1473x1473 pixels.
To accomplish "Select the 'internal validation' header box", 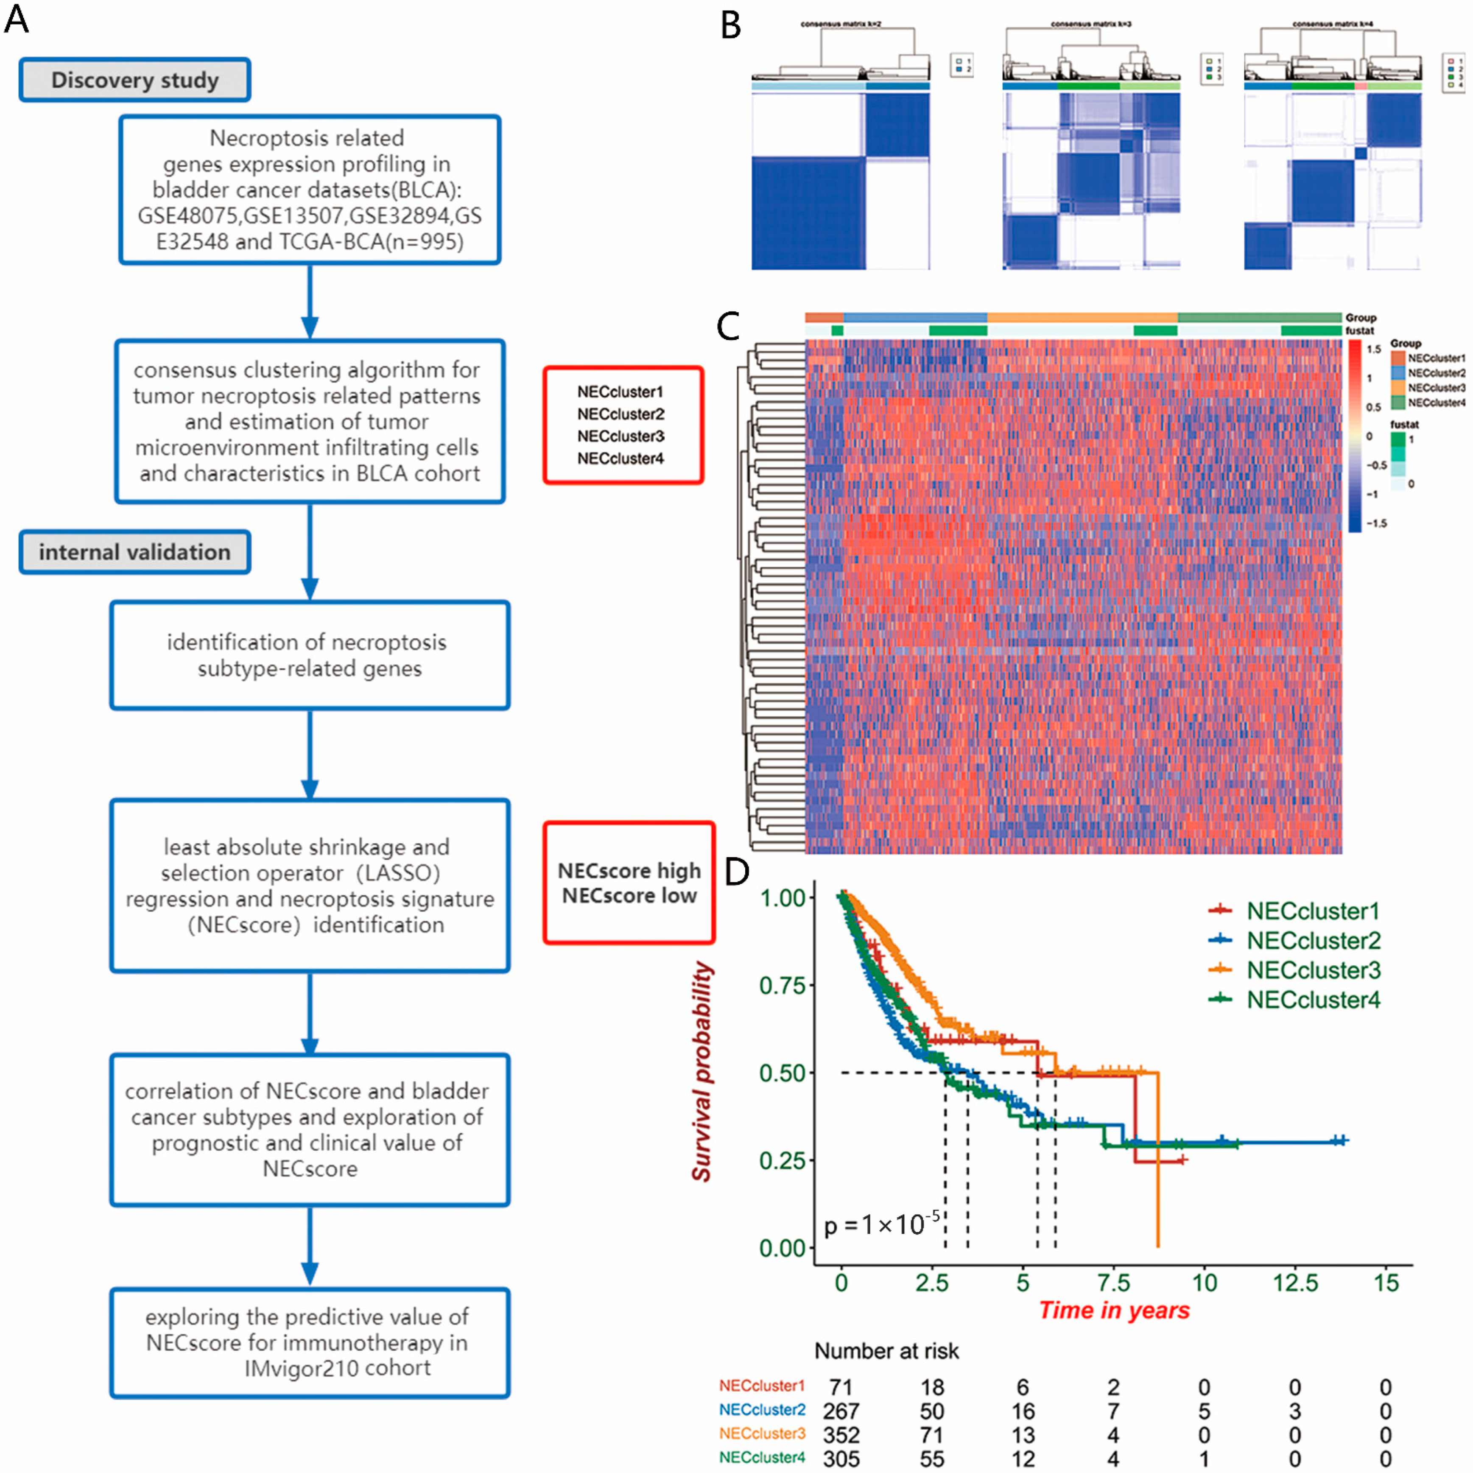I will [x=135, y=552].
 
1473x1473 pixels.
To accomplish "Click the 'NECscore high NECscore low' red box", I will [x=629, y=883].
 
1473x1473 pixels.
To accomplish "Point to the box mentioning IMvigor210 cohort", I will [x=310, y=1343].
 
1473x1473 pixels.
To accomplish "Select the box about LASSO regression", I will [x=310, y=886].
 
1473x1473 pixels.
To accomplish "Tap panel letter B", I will [x=730, y=27].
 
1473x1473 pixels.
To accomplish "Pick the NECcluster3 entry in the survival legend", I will [x=1313, y=970].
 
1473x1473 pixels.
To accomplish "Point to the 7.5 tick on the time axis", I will [x=1113, y=1283].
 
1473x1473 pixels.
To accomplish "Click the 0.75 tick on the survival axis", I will [x=782, y=985].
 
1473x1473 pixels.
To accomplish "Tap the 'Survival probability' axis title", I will [x=702, y=1071].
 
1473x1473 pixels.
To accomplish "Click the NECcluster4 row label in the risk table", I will [x=762, y=1457].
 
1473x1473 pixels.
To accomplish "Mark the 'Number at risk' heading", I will [x=886, y=1351].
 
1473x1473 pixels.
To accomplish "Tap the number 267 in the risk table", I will [x=841, y=1411].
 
